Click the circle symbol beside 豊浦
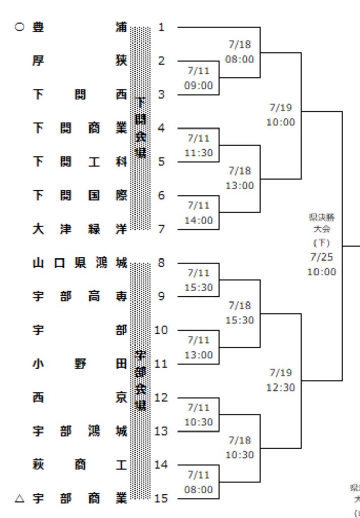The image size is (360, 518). tap(19, 27)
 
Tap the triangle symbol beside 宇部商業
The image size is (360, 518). tap(19, 498)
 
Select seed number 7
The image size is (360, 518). tap(161, 229)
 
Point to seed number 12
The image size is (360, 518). tap(161, 397)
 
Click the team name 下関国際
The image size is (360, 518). tap(80, 196)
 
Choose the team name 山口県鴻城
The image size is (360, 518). tap(80, 263)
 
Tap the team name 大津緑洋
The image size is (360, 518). tap(80, 229)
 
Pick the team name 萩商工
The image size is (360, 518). tap(80, 465)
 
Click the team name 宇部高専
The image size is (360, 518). tap(80, 296)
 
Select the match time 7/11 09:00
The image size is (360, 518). tap(198, 78)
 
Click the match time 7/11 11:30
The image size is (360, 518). tap(198, 145)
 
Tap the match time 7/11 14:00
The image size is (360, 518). tap(198, 212)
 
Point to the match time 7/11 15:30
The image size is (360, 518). tap(198, 280)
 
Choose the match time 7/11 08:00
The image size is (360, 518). tap(198, 482)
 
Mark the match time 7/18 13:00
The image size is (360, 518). tap(240, 178)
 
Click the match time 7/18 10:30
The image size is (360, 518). tap(240, 448)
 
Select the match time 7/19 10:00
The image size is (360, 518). tap(281, 115)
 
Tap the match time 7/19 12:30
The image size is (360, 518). tap(281, 380)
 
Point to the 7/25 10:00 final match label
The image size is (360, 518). tap(322, 264)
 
